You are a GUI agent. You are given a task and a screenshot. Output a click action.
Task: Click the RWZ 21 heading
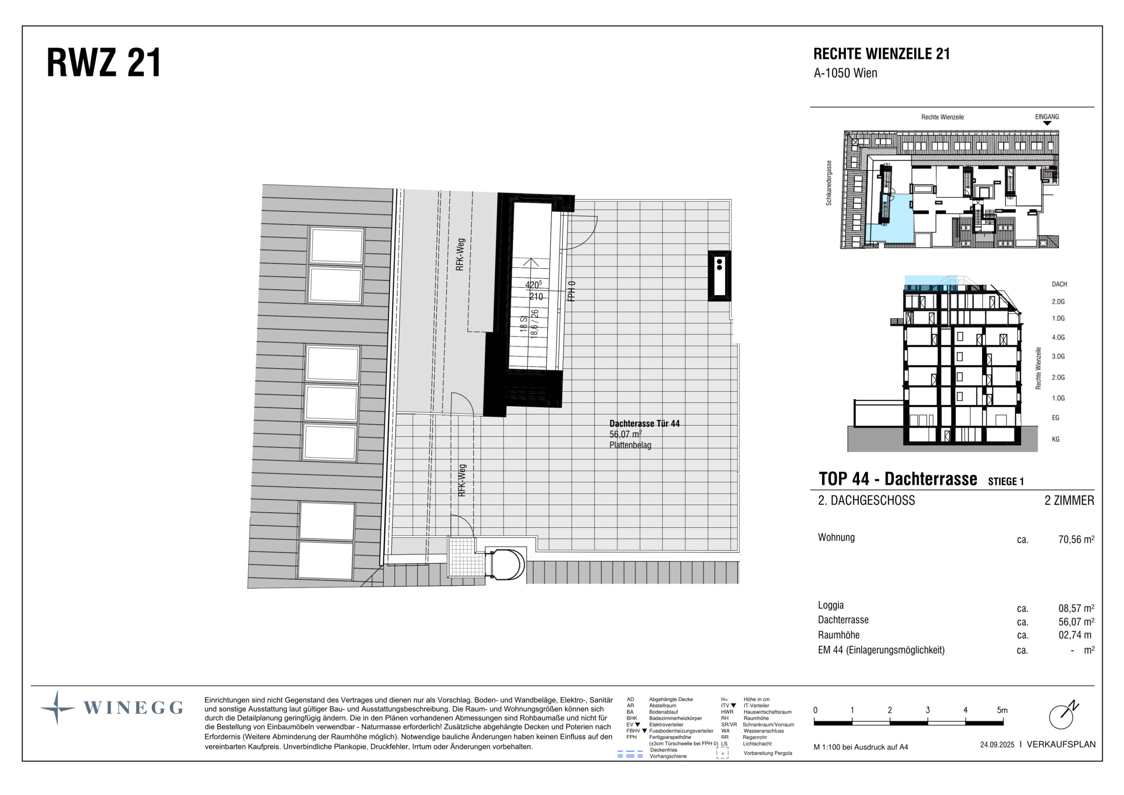pos(104,63)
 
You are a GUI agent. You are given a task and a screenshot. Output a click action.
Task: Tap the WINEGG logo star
pos(57,707)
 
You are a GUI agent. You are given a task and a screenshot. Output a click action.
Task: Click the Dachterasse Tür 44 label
pos(644,424)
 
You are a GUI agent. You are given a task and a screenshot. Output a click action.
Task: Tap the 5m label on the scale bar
pos(1002,710)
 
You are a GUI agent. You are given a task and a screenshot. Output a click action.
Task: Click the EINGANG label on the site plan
pos(1047,117)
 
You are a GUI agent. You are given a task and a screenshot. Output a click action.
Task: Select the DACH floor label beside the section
pos(1059,284)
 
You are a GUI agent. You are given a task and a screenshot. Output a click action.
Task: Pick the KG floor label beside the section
pos(1056,439)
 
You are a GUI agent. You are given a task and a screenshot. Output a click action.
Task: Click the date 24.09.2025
pos(997,745)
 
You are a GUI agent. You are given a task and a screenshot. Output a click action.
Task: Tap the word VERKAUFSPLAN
pos(1061,744)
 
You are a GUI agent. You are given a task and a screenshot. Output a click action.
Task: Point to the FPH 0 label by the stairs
pos(571,291)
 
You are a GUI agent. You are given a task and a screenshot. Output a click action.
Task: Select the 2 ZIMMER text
pos(1069,500)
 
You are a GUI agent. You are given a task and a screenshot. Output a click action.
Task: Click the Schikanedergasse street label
pos(829,183)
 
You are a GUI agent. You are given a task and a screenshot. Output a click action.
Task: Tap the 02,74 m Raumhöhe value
pos(1075,635)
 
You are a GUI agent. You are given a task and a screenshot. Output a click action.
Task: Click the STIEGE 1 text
pos(1006,481)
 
